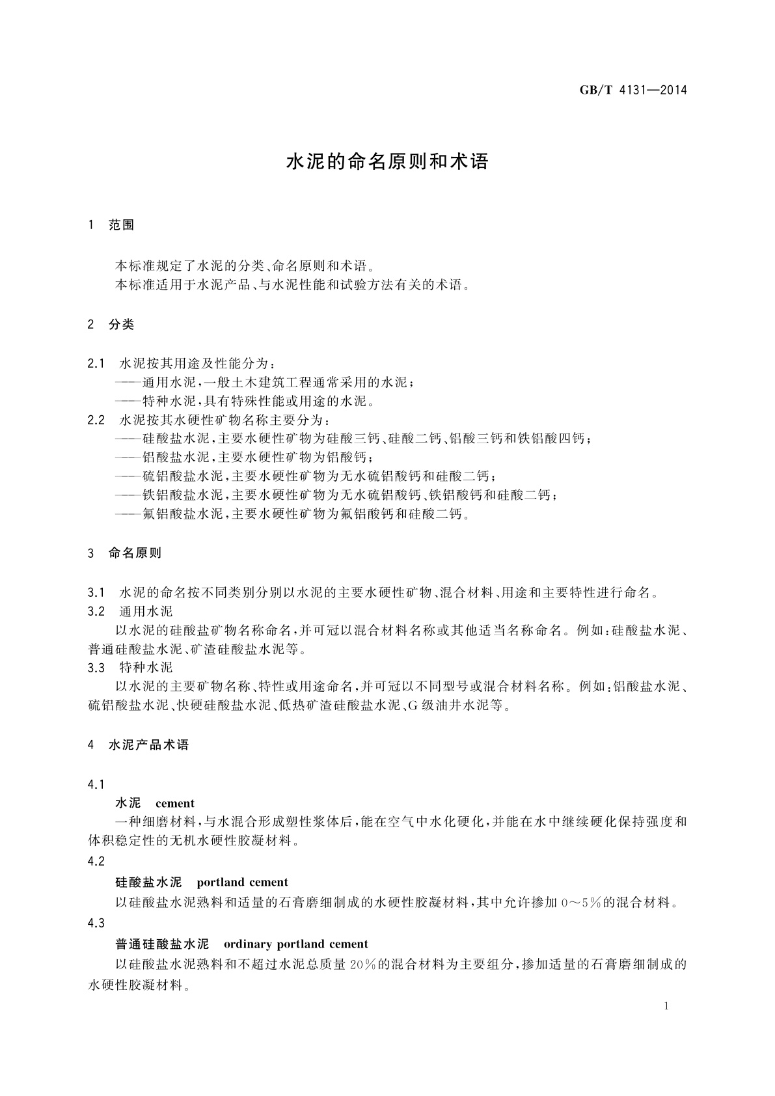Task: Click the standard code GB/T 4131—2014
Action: (633, 90)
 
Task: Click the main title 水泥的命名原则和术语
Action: (387, 162)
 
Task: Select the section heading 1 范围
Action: (111, 225)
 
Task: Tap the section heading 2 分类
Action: (111, 325)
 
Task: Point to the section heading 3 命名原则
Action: (125, 553)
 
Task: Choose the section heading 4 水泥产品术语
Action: (139, 745)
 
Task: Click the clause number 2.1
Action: (96, 363)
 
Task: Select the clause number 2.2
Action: (96, 420)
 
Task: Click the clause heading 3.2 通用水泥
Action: (130, 611)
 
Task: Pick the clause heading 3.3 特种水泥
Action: (130, 668)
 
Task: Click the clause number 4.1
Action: (96, 784)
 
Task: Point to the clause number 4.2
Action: (96, 861)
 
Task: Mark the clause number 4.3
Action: (96, 923)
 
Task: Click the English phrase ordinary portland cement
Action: (295, 944)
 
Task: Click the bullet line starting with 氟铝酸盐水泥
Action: (293, 514)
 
